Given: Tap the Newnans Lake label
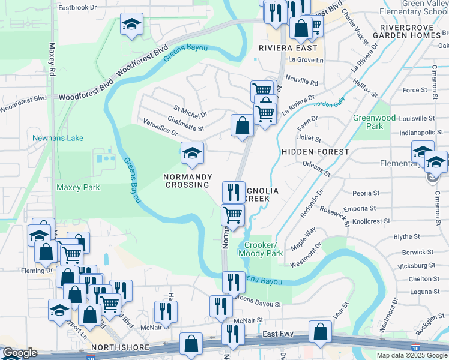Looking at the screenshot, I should tap(58, 138).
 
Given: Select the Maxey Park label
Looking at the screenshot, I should tap(78, 188).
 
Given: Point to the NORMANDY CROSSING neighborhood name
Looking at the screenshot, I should tap(187, 181).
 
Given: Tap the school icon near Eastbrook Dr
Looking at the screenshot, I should tap(131, 25).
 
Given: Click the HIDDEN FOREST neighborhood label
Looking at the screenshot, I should tap(315, 152).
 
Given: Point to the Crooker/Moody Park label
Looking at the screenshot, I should tap(261, 250).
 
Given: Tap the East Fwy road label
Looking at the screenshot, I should tap(278, 334).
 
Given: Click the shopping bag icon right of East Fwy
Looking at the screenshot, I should tap(321, 331).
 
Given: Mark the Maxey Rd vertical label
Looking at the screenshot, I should tap(52, 59).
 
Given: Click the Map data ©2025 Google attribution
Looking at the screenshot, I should tap(412, 355).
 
